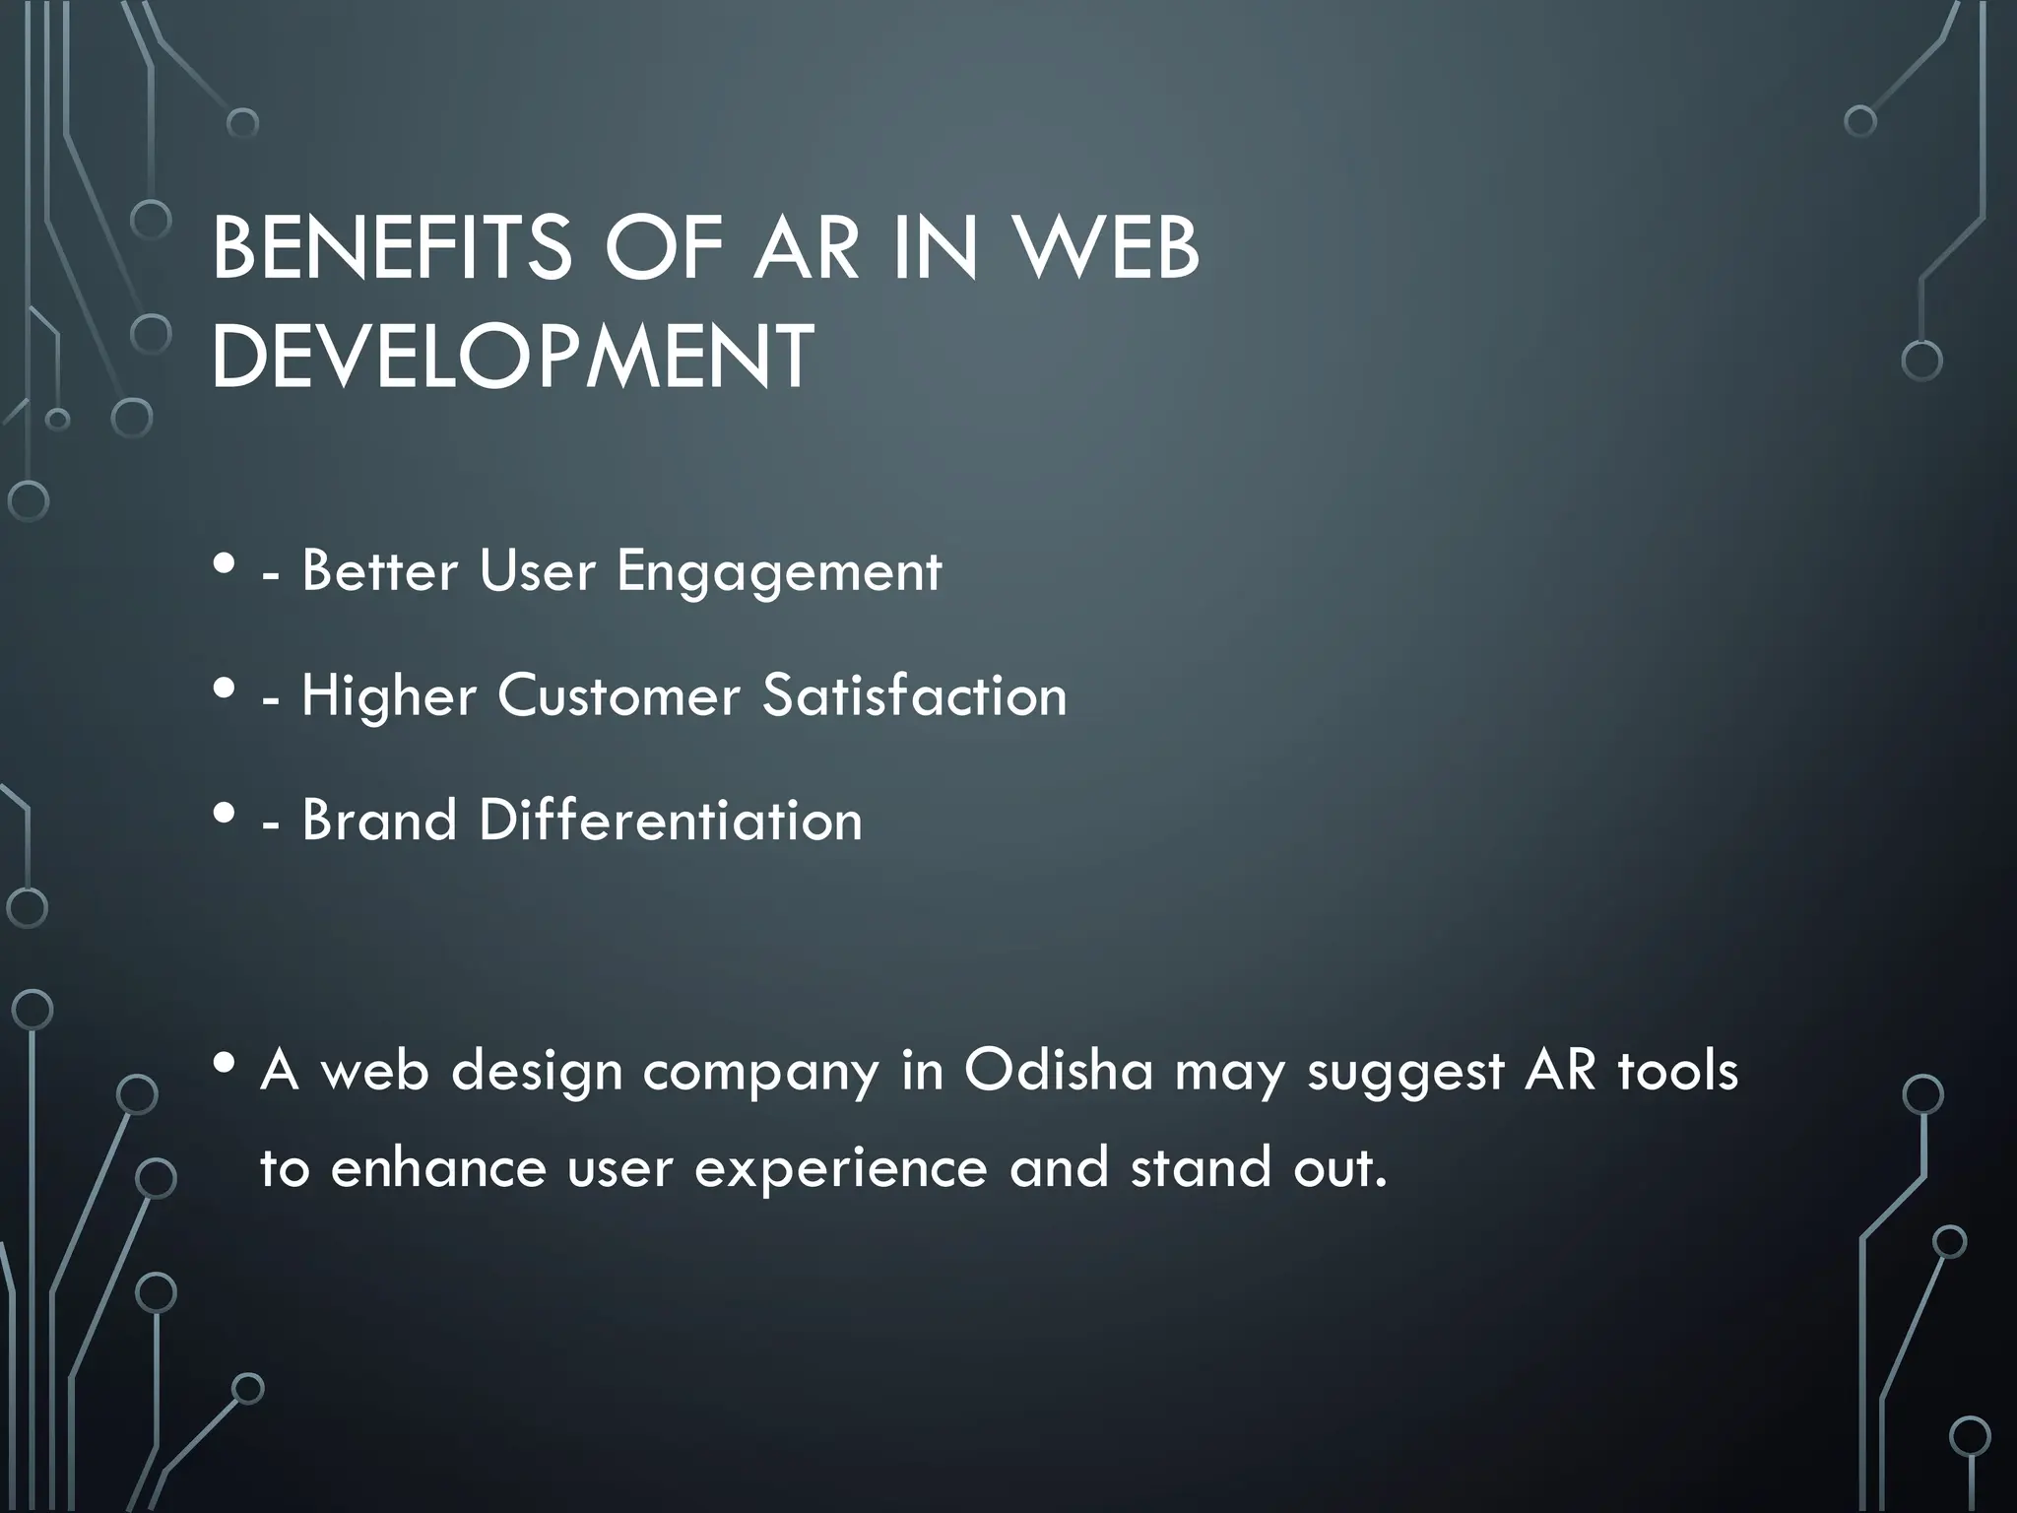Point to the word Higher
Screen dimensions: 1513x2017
pyautogui.click(x=388, y=697)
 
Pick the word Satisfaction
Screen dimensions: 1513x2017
pyautogui.click(x=914, y=695)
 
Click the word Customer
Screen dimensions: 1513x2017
pyautogui.click(x=618, y=695)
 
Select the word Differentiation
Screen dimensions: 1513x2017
pyautogui.click(x=670, y=820)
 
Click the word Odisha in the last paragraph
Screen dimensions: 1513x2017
pyautogui.click(x=1058, y=1070)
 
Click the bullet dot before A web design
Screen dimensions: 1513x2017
pyautogui.click(x=225, y=1064)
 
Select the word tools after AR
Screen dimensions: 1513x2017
pyautogui.click(x=1677, y=1070)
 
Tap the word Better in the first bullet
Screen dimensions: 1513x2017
pyautogui.click(x=379, y=571)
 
